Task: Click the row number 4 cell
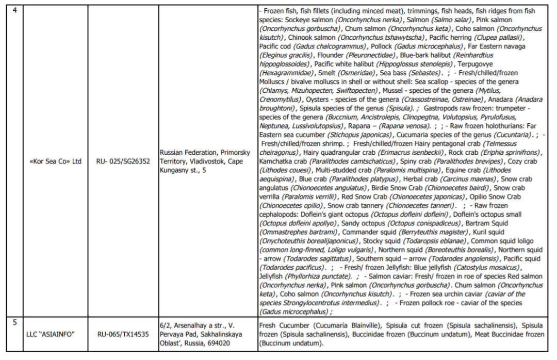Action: point(14,10)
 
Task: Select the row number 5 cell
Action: point(14,323)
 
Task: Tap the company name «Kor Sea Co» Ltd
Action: point(56,161)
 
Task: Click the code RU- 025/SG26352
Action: point(123,161)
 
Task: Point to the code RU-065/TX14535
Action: point(123,334)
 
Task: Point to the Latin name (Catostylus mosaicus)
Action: point(490,268)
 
